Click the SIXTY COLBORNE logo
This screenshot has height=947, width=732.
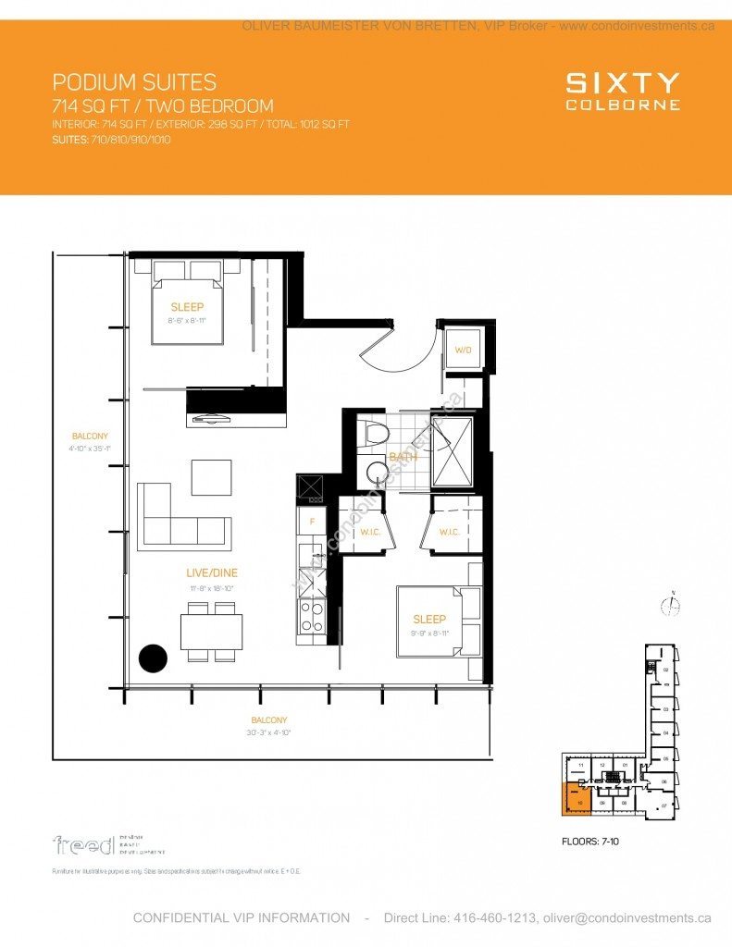pyautogui.click(x=623, y=92)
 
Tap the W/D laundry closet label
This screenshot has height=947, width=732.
pyautogui.click(x=462, y=350)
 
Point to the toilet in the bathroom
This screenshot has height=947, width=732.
pyautogui.click(x=375, y=434)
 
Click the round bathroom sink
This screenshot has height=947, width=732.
pyautogui.click(x=378, y=473)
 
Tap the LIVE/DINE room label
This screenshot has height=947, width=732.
pyautogui.click(x=212, y=573)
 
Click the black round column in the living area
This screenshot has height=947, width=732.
pyautogui.click(x=153, y=658)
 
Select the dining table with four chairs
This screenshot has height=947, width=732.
pyautogui.click(x=212, y=632)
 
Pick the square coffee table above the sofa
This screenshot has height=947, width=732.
pyautogui.click(x=212, y=477)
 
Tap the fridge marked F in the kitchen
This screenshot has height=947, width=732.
pyautogui.click(x=312, y=521)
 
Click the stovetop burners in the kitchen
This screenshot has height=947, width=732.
pyautogui.click(x=312, y=616)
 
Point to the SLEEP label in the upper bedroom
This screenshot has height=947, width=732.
pyautogui.click(x=187, y=307)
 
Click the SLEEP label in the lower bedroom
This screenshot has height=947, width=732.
pyautogui.click(x=429, y=619)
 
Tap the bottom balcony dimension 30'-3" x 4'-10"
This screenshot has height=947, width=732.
pyautogui.click(x=268, y=732)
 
